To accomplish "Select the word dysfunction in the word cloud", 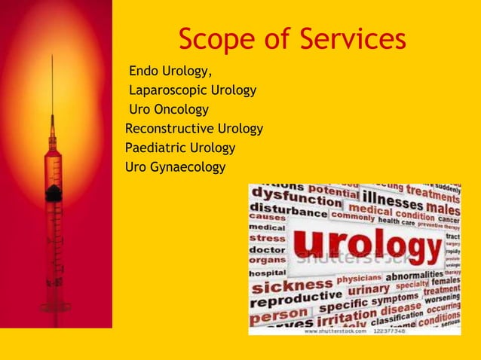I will coord(296,199).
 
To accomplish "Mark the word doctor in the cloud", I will coord(267,249).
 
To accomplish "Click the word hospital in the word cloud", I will coord(268,273).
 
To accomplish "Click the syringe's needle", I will coord(52,90).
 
